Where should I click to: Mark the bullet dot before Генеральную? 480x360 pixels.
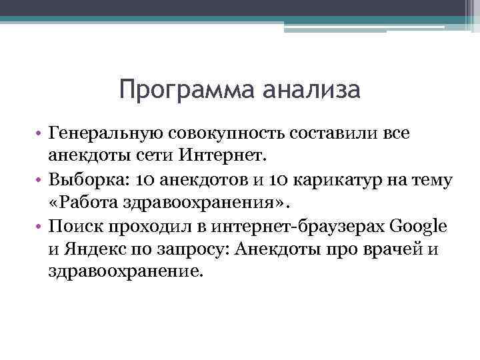click(40, 134)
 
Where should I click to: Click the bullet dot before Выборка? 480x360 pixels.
click(40, 180)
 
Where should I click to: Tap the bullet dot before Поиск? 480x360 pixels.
click(40, 226)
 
